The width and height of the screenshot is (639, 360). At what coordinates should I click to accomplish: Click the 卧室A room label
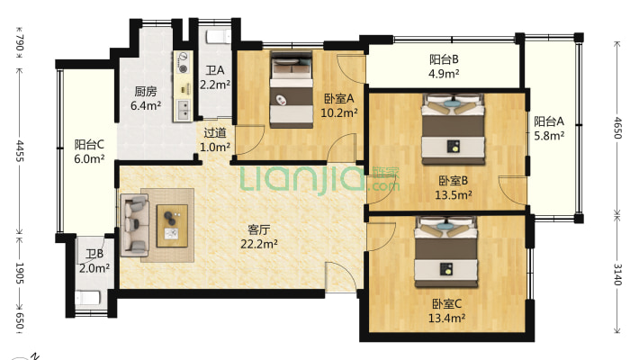339,99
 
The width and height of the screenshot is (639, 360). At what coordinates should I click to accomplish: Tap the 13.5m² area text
454,195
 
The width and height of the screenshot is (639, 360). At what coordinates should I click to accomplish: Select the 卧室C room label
446,303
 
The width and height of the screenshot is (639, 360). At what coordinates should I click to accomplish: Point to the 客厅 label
258,229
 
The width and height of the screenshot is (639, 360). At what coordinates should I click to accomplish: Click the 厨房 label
146,91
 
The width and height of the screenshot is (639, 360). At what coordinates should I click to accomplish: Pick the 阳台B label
444,59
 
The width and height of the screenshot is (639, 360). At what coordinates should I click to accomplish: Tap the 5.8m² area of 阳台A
549,135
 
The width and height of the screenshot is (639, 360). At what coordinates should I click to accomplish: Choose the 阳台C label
89,144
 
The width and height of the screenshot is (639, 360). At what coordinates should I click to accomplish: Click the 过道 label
215,133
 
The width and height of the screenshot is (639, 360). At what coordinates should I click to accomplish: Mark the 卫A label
215,70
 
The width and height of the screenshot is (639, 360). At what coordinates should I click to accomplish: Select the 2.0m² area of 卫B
94,268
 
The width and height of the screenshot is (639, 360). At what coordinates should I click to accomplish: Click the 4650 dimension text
617,128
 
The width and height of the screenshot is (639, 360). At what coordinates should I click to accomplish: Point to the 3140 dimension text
617,274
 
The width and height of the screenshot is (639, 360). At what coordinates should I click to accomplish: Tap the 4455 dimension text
20,151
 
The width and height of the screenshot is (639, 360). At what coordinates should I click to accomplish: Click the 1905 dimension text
20,273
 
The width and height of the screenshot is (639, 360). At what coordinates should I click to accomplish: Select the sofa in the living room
135,225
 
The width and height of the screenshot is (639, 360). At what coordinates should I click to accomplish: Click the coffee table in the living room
173,226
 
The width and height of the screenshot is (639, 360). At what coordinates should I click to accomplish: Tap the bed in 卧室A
291,89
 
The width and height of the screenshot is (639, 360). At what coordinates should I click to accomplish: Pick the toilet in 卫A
218,38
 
